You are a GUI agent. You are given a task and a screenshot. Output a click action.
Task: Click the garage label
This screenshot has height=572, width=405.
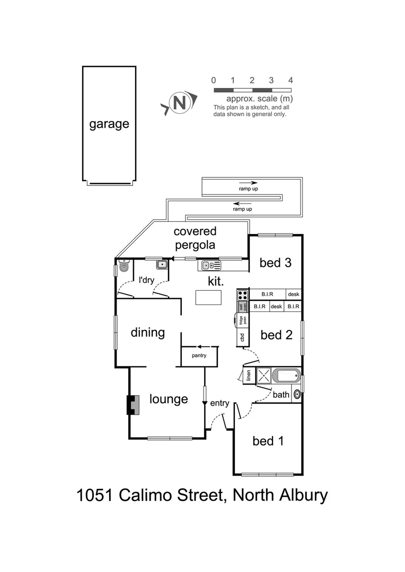tap(109, 124)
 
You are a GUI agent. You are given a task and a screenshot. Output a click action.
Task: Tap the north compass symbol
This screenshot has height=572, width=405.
tap(180, 102)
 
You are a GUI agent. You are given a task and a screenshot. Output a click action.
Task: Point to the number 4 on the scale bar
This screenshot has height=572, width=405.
tap(290, 81)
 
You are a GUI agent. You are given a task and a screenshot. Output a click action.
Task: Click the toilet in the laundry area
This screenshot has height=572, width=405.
tap(124, 266)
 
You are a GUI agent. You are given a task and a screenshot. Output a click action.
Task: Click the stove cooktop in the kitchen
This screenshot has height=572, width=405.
tap(243, 295)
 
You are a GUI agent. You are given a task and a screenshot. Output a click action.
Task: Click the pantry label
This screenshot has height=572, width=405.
tap(199, 355)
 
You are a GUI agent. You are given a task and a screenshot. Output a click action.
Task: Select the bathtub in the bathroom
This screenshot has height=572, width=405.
tap(286, 376)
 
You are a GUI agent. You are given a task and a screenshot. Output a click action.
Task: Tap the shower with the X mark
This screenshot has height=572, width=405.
tap(264, 376)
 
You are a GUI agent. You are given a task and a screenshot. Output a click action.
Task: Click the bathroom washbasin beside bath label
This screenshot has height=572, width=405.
tap(297, 394)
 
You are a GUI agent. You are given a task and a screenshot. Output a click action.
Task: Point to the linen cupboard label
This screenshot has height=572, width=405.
tap(248, 376)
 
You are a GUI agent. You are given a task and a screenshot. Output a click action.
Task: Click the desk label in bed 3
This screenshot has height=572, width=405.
tap(294, 294)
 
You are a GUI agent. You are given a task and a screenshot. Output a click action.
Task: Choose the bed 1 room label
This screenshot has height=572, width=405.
tap(270, 441)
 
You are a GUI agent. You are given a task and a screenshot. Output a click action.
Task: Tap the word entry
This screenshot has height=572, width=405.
tap(219, 404)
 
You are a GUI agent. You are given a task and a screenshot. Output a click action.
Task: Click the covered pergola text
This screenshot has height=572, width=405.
tap(195, 238)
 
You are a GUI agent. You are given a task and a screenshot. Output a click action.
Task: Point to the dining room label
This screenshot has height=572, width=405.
tap(148, 333)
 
